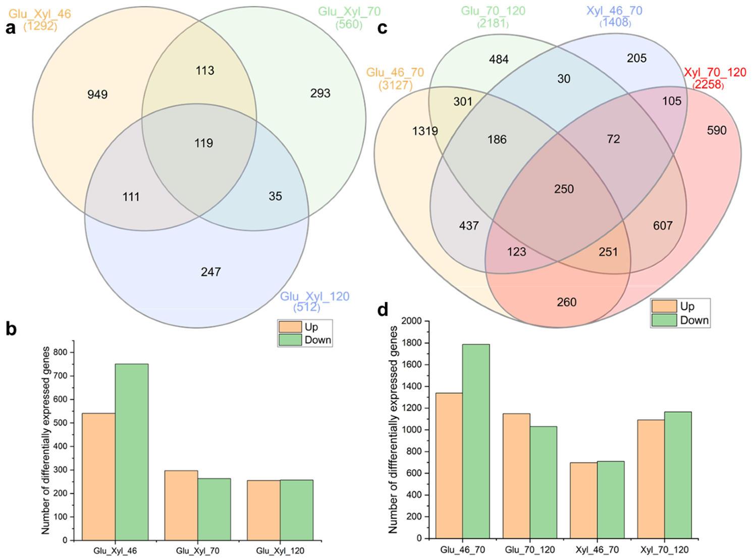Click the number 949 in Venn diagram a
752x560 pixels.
coord(97,94)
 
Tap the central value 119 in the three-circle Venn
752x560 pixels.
coord(204,143)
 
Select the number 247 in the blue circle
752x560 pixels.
coord(211,272)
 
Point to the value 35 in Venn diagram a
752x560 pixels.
coord(275,196)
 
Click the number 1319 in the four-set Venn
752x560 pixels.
coord(425,131)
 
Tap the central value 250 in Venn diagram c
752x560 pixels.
coord(564,189)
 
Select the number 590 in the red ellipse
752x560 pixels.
coord(716,130)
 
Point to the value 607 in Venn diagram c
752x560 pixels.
coord(663,226)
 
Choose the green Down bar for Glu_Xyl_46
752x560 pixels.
coord(132,452)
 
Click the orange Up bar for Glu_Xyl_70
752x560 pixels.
coord(181,505)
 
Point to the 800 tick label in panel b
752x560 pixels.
coord(60,352)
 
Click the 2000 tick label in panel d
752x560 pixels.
coord(411,321)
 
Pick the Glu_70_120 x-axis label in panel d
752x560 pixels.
coord(529,550)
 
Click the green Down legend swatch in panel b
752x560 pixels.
coord(290,340)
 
